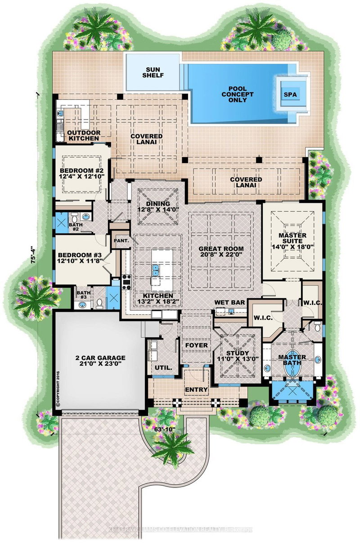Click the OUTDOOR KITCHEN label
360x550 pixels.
[83, 135]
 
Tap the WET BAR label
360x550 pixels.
[231, 302]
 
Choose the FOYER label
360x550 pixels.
[196, 345]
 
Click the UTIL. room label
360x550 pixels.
[161, 367]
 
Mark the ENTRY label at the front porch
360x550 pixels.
[196, 389]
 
